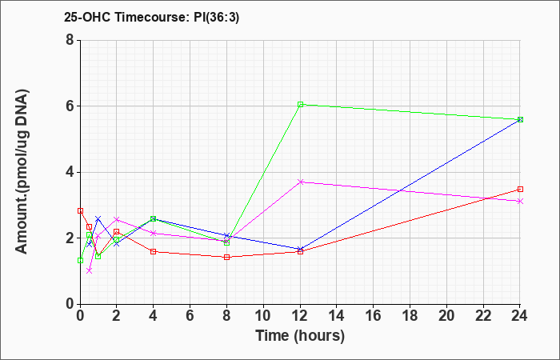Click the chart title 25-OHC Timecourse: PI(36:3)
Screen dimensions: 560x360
[151, 17]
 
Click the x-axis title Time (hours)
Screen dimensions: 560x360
[300, 336]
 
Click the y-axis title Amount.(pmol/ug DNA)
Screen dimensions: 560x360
[22, 172]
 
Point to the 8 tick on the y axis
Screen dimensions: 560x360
[70, 40]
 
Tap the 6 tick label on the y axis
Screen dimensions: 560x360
[70, 106]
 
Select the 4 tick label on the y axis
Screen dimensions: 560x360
[70, 172]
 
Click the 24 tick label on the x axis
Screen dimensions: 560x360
[520, 316]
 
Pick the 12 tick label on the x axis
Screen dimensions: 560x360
[300, 316]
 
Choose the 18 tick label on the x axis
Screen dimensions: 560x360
[410, 316]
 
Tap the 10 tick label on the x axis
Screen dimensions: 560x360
[263, 316]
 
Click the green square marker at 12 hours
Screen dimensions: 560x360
[300, 104]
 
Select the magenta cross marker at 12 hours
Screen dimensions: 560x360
[300, 182]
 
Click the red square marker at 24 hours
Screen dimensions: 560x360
[520, 190]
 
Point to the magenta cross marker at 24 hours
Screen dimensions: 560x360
[520, 202]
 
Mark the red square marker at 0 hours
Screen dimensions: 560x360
[80, 210]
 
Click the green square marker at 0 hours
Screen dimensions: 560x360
[80, 260]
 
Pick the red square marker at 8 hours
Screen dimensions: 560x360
[226, 257]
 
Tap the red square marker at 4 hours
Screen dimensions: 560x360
[154, 251]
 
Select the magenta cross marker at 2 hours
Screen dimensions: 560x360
[117, 219]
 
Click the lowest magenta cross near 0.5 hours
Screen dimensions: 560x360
[90, 270]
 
